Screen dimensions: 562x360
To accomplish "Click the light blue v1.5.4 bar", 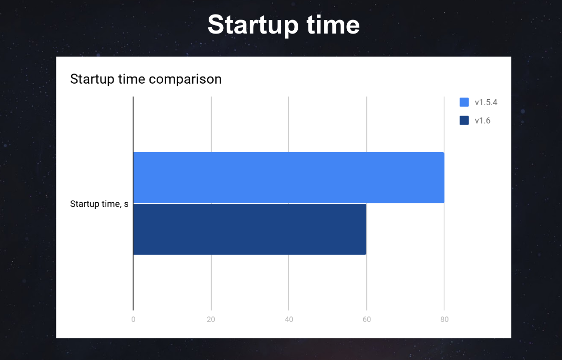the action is [289, 177].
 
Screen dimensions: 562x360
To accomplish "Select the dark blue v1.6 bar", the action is [250, 229].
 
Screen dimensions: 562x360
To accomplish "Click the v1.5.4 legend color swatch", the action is [464, 102].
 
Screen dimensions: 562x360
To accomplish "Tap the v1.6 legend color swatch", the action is [464, 120].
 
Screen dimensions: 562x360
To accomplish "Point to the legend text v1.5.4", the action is [486, 103].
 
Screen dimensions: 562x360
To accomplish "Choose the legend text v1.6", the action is [482, 121].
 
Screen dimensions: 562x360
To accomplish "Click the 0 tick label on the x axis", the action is [133, 319].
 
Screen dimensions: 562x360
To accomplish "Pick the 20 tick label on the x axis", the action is [211, 319].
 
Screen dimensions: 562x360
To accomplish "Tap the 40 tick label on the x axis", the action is [289, 319].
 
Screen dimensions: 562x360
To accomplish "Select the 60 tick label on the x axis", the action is [367, 319].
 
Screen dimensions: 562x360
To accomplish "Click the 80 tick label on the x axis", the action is [444, 319].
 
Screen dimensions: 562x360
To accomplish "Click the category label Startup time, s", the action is [99, 204].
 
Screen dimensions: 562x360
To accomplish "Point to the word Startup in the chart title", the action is [93, 79].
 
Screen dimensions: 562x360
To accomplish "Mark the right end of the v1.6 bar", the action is [366, 229].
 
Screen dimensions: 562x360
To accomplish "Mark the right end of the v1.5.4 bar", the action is [444, 177].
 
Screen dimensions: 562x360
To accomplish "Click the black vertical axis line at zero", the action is [133, 203].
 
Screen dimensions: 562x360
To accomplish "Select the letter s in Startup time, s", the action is [126, 205].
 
